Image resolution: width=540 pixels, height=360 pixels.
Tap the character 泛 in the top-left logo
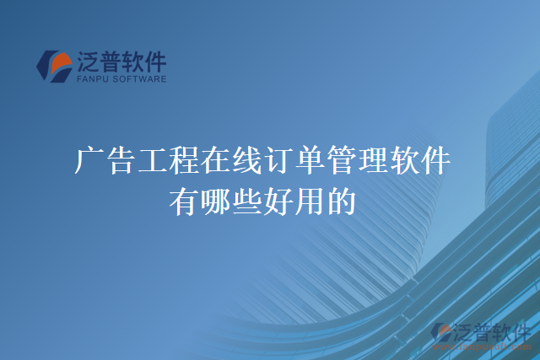click(87, 62)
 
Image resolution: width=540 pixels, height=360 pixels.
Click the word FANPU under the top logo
click(92, 79)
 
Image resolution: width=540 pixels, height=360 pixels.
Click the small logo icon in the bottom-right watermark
click(441, 332)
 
